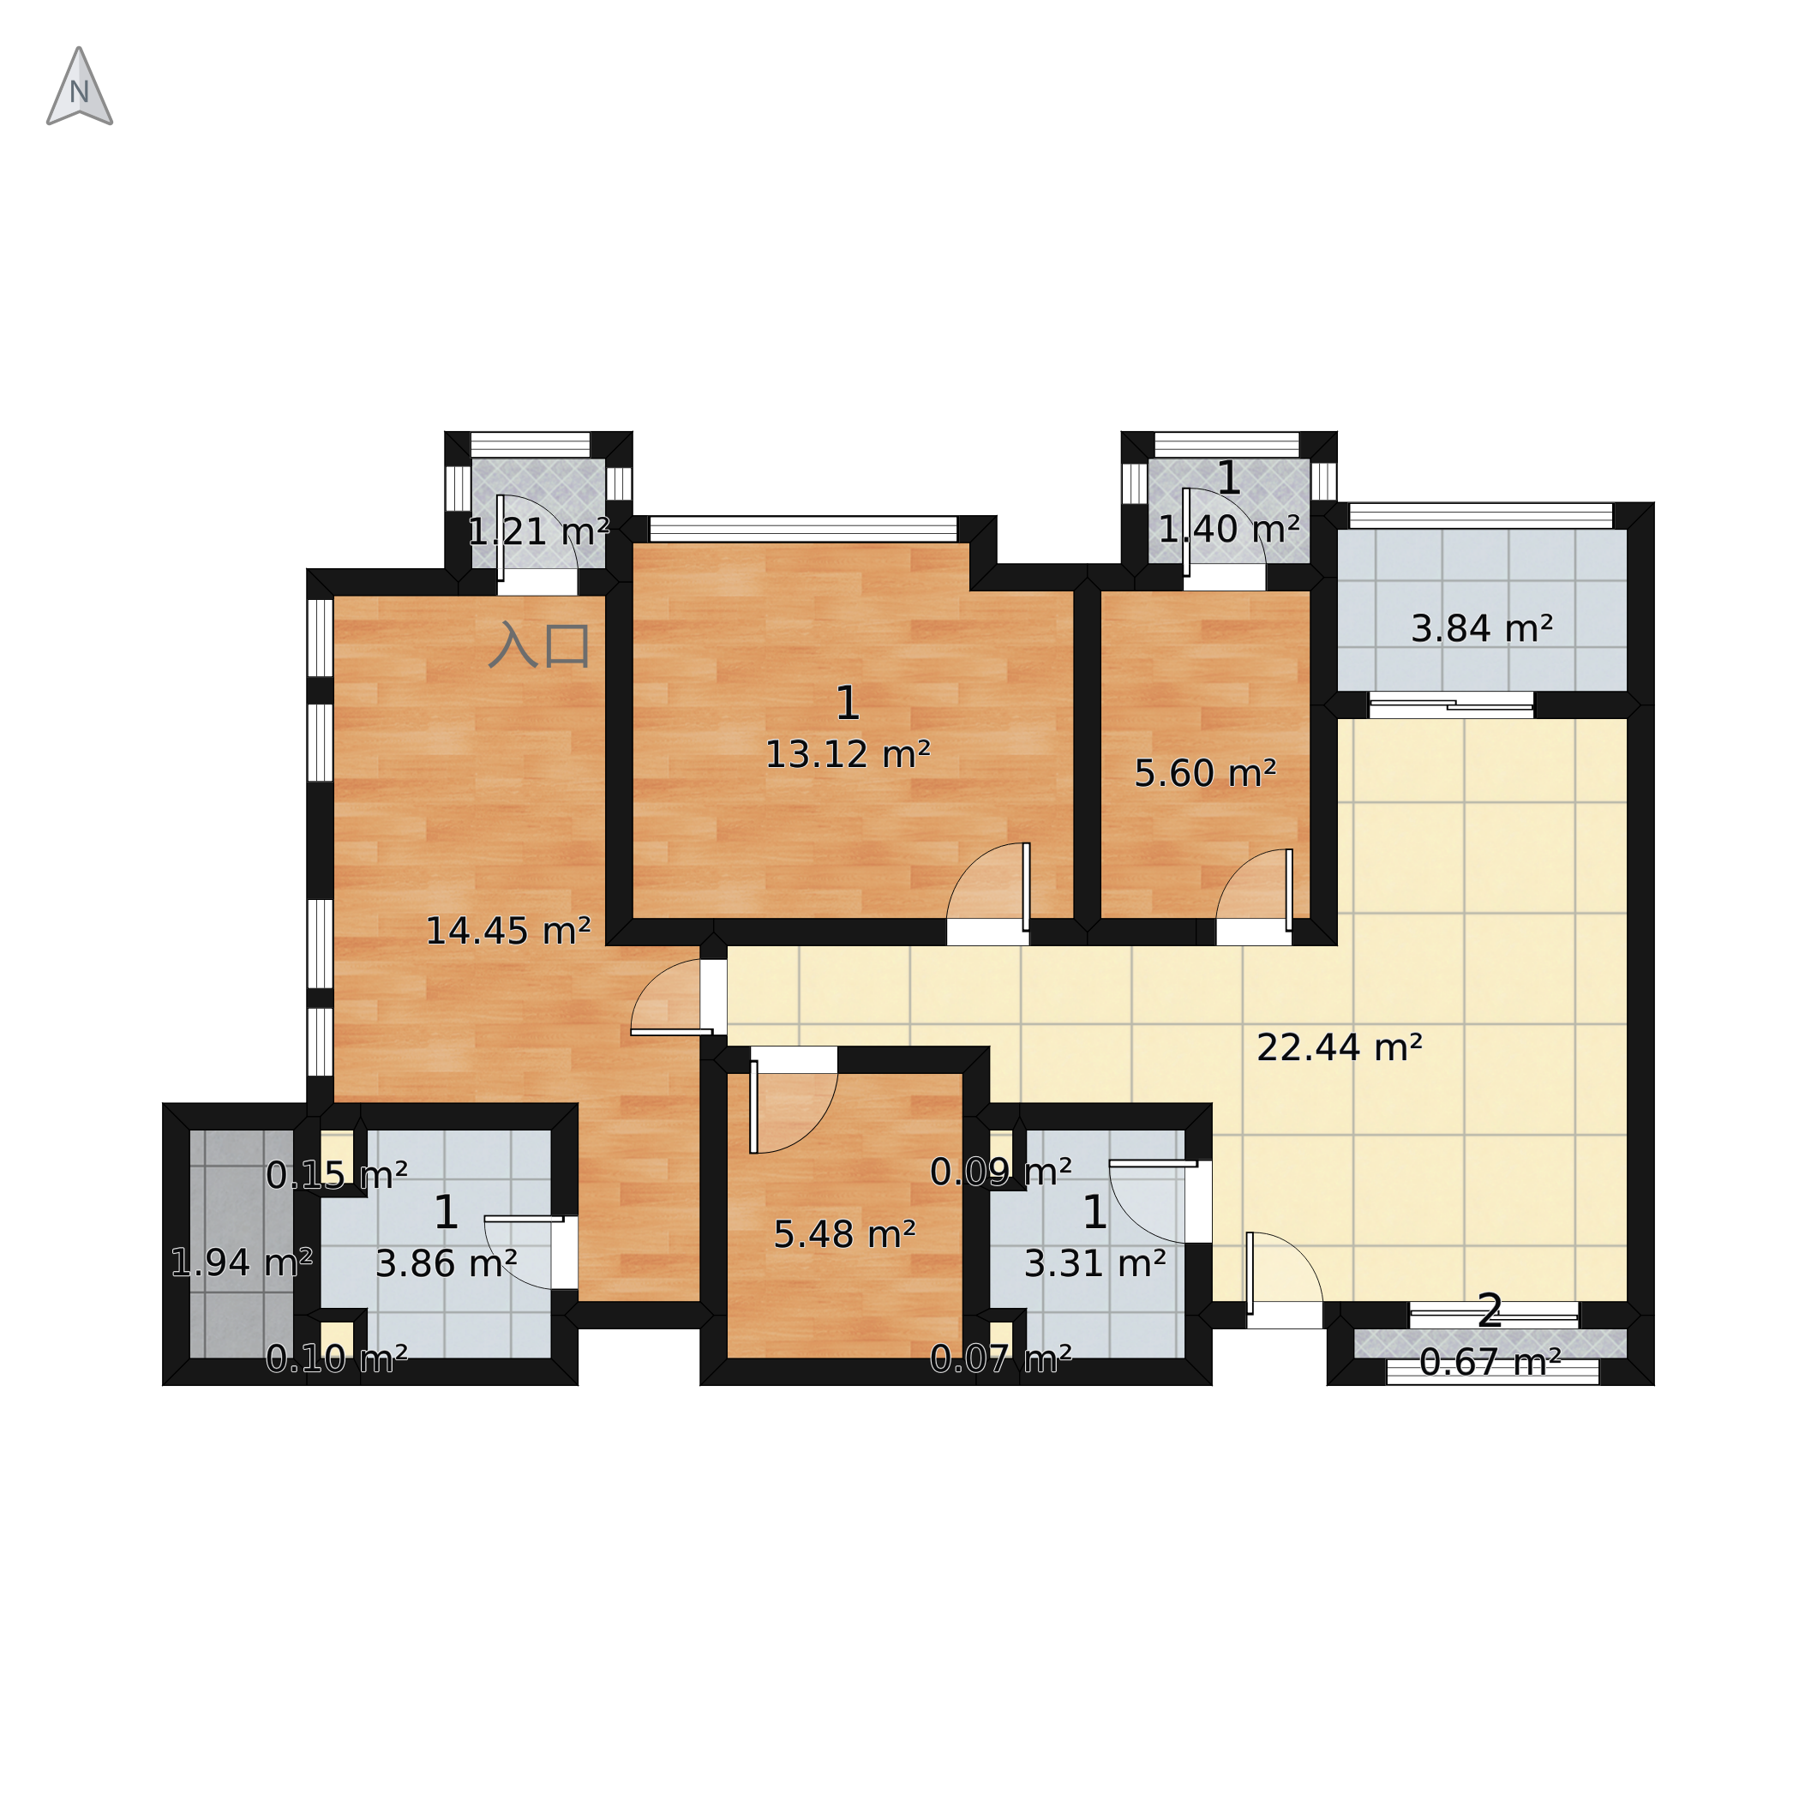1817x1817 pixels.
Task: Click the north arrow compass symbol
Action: [80, 87]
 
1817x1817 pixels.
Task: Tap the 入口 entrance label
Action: [540, 645]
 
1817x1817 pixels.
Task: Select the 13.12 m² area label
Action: [848, 754]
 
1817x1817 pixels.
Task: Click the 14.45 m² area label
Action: [508, 931]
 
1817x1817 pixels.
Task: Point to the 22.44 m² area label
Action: [1340, 1047]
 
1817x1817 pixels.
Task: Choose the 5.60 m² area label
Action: [1205, 773]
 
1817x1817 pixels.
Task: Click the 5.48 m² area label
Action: [844, 1234]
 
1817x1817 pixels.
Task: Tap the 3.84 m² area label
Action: [1481, 628]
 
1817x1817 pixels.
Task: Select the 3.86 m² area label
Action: [446, 1264]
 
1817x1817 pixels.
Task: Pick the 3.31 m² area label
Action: [1094, 1264]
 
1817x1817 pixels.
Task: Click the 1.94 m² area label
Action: [242, 1262]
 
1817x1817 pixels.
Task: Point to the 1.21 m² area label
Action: [539, 532]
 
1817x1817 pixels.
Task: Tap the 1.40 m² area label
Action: [1229, 530]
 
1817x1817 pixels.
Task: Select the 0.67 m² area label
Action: [1490, 1362]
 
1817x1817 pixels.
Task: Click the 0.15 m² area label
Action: [337, 1175]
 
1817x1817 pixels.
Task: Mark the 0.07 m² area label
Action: [1001, 1358]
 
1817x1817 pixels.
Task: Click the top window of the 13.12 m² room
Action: [803, 529]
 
